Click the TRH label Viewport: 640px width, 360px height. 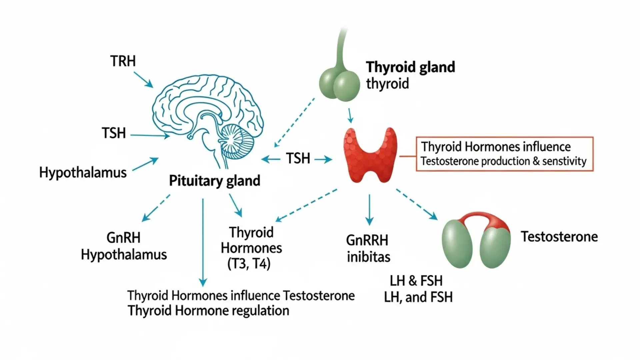click(x=123, y=61)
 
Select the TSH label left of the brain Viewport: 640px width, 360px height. click(x=114, y=133)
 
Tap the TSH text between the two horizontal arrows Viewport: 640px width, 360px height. click(x=298, y=158)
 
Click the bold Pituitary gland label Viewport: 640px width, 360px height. click(x=215, y=181)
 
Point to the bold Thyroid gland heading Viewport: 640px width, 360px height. click(x=410, y=67)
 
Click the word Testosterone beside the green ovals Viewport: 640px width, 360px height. click(x=559, y=237)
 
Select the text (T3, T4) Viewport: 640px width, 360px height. click(x=249, y=264)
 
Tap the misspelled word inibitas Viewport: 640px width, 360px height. click(x=368, y=257)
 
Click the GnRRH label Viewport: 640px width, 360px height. click(x=367, y=240)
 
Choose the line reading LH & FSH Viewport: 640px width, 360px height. click(x=416, y=281)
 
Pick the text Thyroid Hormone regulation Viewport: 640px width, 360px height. click(x=208, y=311)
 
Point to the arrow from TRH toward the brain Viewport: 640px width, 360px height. click(x=143, y=80)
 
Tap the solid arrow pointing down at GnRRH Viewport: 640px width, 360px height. click(x=369, y=210)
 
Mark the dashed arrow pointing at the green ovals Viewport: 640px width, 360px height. click(x=417, y=204)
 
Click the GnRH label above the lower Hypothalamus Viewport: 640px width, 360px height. click(x=123, y=238)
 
